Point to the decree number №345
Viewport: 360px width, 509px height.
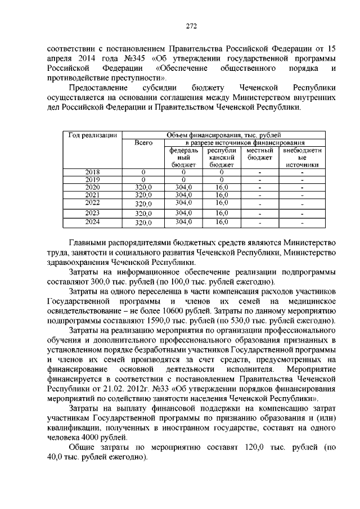pos(133,58)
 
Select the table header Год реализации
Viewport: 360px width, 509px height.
pos(92,135)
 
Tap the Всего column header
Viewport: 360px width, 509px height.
pos(144,143)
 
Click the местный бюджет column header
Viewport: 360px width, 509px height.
pos(260,154)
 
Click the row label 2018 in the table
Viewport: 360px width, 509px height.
pos(92,172)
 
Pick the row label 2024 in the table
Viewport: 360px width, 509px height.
pos(92,222)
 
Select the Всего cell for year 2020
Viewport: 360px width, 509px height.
pos(144,187)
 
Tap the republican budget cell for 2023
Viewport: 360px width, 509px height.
pos(222,212)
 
